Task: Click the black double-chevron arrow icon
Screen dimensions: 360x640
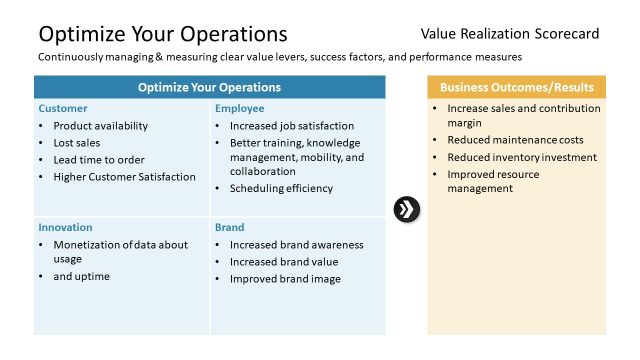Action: point(407,210)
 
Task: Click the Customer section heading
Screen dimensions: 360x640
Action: point(63,108)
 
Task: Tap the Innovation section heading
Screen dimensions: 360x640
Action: point(66,227)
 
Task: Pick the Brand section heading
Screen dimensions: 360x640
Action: point(229,227)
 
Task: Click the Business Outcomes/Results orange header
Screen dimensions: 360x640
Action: point(516,87)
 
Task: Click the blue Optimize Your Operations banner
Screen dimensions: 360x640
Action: point(209,87)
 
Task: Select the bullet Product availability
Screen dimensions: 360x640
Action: point(100,126)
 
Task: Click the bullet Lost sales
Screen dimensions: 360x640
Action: point(78,143)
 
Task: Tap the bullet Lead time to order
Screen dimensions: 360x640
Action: point(99,160)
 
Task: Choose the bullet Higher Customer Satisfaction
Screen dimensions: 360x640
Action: point(124,177)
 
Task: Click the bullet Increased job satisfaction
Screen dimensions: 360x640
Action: point(292,126)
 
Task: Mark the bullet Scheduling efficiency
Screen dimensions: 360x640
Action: point(281,188)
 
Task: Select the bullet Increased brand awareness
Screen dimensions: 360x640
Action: point(296,244)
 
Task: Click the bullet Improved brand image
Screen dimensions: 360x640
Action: point(285,278)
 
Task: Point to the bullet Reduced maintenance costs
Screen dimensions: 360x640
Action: point(515,140)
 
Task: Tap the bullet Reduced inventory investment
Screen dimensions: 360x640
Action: point(522,157)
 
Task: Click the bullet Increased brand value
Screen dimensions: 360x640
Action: point(283,261)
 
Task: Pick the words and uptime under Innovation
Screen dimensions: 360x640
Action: point(82,276)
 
